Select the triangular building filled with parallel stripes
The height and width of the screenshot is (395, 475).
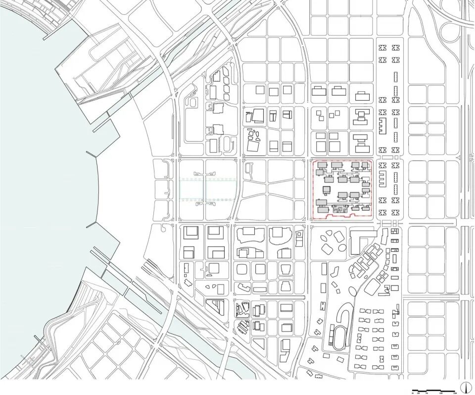tap(216, 306)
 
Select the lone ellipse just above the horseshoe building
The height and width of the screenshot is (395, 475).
tap(336, 286)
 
